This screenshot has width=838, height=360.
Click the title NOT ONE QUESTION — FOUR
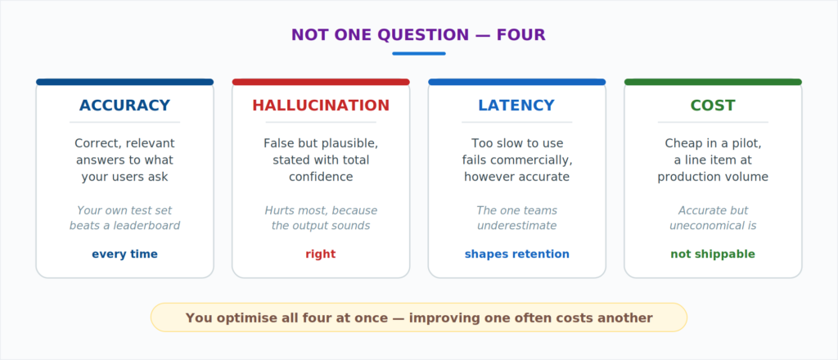coord(418,35)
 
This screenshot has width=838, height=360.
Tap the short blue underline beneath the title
coord(419,53)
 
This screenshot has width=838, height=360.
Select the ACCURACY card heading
coord(124,106)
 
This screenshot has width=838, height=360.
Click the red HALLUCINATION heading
coord(321,106)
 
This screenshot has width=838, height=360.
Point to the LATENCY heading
coord(516,106)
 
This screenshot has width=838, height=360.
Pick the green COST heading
coord(713,106)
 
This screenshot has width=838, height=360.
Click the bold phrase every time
coord(124,254)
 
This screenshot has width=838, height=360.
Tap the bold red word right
coord(321,254)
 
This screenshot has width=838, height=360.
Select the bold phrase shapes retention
coord(517,254)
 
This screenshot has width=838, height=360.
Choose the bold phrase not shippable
coord(713,254)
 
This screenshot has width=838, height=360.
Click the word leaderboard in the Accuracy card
coord(147,226)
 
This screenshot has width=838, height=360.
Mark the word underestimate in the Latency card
coord(517,226)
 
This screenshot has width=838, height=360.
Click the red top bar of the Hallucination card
coord(321,82)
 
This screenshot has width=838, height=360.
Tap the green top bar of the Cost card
coord(713,82)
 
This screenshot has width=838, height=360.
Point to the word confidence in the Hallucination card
coord(321,177)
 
